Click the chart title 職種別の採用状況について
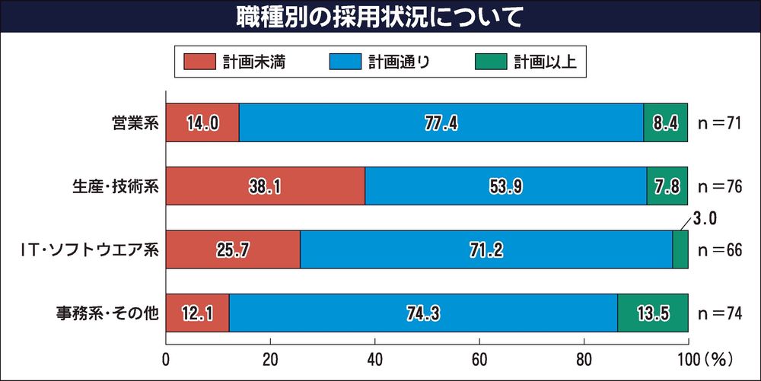pos(380,17)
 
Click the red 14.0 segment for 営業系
pos(202,122)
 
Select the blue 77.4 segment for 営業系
pos(441,122)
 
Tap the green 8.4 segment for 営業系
pos(666,122)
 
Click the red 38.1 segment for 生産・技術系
pos(265,186)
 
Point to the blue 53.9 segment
pos(505,186)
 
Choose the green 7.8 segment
pos(667,186)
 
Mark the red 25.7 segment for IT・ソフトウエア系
pos(233,249)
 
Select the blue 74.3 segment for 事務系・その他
pos(423,313)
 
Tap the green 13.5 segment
pos(653,313)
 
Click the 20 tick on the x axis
pos(270,358)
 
